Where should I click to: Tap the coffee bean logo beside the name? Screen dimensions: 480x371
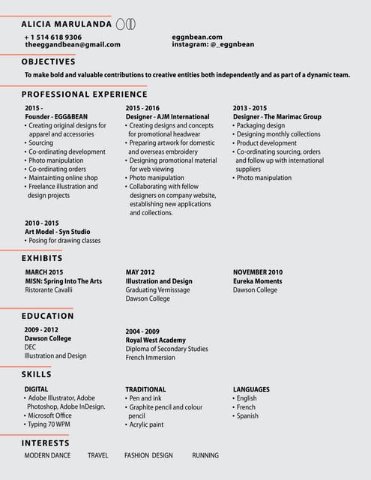tap(125, 24)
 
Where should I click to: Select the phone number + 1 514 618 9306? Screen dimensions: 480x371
tap(53, 37)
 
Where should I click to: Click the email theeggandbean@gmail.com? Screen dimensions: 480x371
tap(73, 45)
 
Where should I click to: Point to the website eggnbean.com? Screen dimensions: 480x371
tap(197, 37)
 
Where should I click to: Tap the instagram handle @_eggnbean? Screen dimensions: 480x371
tap(213, 44)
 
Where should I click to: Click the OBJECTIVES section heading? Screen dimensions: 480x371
tap(54, 61)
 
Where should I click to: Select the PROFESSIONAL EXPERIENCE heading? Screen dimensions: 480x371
tap(84, 94)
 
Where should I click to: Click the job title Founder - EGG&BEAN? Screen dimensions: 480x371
tap(56, 117)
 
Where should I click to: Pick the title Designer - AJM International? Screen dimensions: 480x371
tap(167, 117)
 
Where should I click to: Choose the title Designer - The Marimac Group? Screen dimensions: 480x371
tap(277, 117)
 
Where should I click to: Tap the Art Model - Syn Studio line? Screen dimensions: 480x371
tap(57, 232)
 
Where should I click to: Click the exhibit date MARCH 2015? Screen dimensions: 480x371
tap(44, 272)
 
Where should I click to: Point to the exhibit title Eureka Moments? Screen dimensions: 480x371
tap(258, 281)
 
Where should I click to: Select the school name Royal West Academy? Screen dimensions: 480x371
tap(155, 340)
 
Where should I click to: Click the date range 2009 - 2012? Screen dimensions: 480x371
tap(41, 330)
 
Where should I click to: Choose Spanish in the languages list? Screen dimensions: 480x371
tap(247, 415)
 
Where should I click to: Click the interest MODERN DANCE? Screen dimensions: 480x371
tap(47, 455)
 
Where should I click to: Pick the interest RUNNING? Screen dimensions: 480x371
tap(205, 455)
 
